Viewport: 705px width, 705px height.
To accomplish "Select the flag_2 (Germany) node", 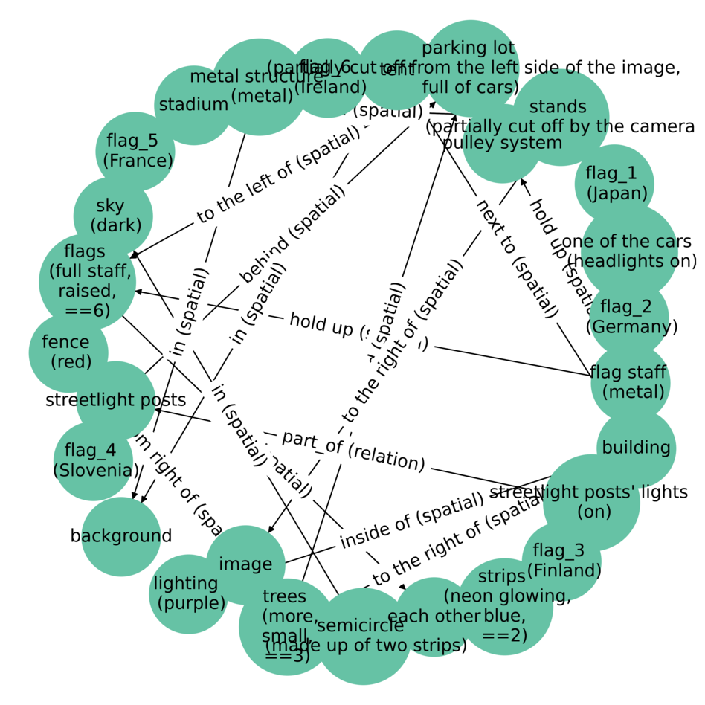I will [x=630, y=317].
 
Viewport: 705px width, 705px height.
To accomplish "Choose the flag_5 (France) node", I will [x=136, y=151].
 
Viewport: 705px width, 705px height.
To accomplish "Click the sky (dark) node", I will [x=113, y=216].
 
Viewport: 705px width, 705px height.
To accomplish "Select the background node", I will [x=120, y=536].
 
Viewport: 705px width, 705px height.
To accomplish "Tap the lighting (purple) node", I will [x=188, y=593].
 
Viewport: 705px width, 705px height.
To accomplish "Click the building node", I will [x=636, y=448].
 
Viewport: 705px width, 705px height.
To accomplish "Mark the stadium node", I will [x=193, y=105].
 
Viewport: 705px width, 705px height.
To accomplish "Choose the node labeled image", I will [x=245, y=564].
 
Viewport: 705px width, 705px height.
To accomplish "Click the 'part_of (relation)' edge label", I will [x=353, y=451].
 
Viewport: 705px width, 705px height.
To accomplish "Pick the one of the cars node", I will [x=629, y=251].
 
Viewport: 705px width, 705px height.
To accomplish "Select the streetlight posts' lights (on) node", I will [x=590, y=502].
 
